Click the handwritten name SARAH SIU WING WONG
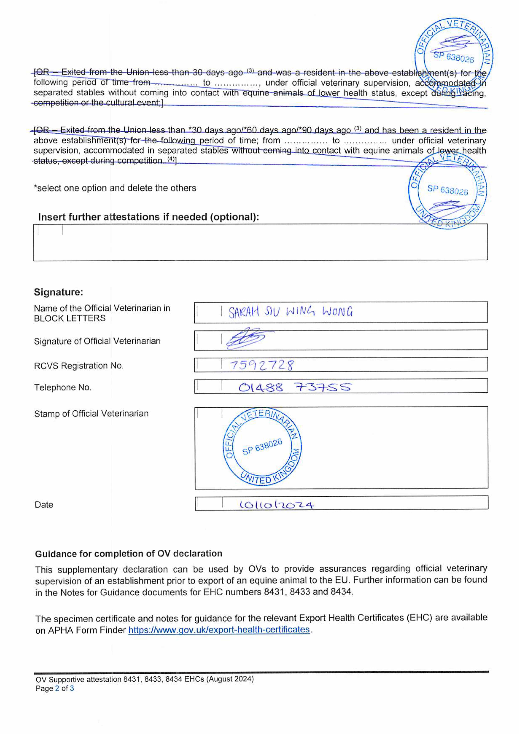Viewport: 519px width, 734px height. (x=290, y=312)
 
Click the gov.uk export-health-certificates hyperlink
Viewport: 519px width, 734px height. (x=219, y=630)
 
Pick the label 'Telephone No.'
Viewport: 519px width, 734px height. (x=63, y=387)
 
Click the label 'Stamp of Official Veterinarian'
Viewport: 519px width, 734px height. (x=91, y=414)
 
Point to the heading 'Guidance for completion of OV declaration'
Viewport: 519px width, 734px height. (x=129, y=554)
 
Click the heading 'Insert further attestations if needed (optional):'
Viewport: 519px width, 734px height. (x=148, y=217)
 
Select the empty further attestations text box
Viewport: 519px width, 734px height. (x=260, y=242)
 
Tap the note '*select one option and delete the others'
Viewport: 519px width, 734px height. (x=115, y=188)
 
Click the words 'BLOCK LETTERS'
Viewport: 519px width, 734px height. (x=70, y=318)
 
